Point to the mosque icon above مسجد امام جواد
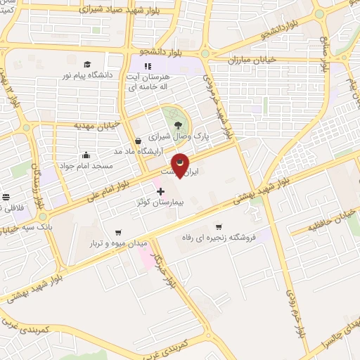(86, 155)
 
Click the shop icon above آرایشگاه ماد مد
(139, 141)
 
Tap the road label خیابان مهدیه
(98, 125)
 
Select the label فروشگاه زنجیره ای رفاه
(218, 237)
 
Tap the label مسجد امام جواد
(85, 166)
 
